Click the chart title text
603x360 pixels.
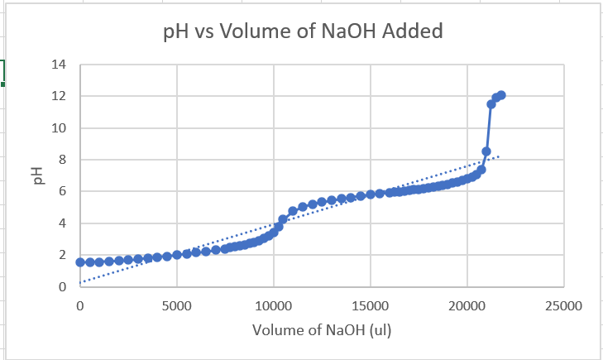tap(302, 31)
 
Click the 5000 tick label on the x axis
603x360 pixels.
tap(176, 305)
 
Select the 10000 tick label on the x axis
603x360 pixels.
tap(274, 305)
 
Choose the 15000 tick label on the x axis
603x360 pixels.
tap(371, 305)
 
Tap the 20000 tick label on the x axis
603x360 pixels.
tap(467, 305)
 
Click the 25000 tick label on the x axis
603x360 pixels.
tap(564, 305)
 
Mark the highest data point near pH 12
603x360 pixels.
tap(500, 96)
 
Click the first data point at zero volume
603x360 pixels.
tap(80, 262)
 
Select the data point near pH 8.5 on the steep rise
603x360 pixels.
tap(486, 151)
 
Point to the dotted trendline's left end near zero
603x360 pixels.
tap(81, 282)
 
